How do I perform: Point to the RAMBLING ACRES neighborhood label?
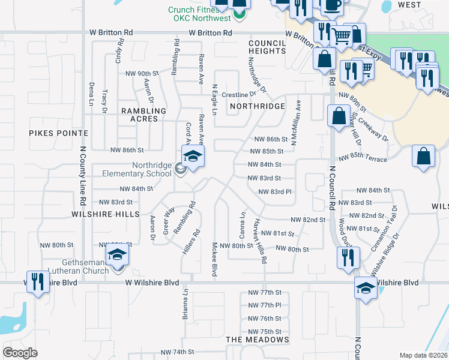(143, 115)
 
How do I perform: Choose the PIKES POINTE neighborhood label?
(59, 133)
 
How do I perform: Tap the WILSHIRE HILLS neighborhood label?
(105, 214)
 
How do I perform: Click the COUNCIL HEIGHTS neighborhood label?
(267, 47)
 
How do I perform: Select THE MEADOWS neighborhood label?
(258, 340)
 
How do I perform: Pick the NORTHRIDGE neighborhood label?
(257, 106)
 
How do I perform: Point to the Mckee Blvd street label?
(214, 259)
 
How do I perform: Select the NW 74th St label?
(177, 352)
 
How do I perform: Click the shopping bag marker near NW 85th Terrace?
(424, 157)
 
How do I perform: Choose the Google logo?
(20, 352)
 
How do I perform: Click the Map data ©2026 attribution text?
(423, 355)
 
